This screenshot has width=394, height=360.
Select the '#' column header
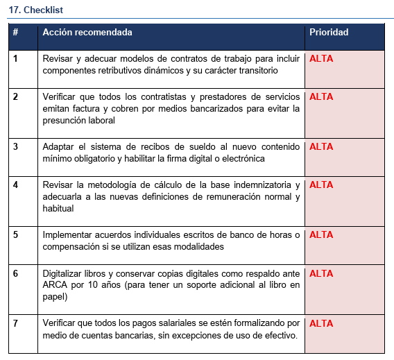[x=16, y=33]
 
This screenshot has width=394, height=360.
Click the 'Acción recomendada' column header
[x=87, y=33]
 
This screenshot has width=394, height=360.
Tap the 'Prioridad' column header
[x=329, y=33]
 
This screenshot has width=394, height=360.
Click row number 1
[x=15, y=59]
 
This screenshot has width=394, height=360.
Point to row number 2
[x=15, y=97]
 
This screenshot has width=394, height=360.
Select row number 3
[x=15, y=147]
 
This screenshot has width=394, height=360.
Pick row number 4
[x=15, y=185]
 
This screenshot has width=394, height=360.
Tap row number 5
[x=15, y=235]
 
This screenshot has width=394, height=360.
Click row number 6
[x=15, y=274]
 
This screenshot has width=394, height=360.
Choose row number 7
[x=15, y=324]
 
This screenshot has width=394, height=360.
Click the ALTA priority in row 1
[x=321, y=59]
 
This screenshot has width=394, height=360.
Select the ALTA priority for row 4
[x=321, y=185]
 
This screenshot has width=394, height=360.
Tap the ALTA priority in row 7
[x=321, y=324]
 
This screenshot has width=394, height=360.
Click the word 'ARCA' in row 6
[x=56, y=286]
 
